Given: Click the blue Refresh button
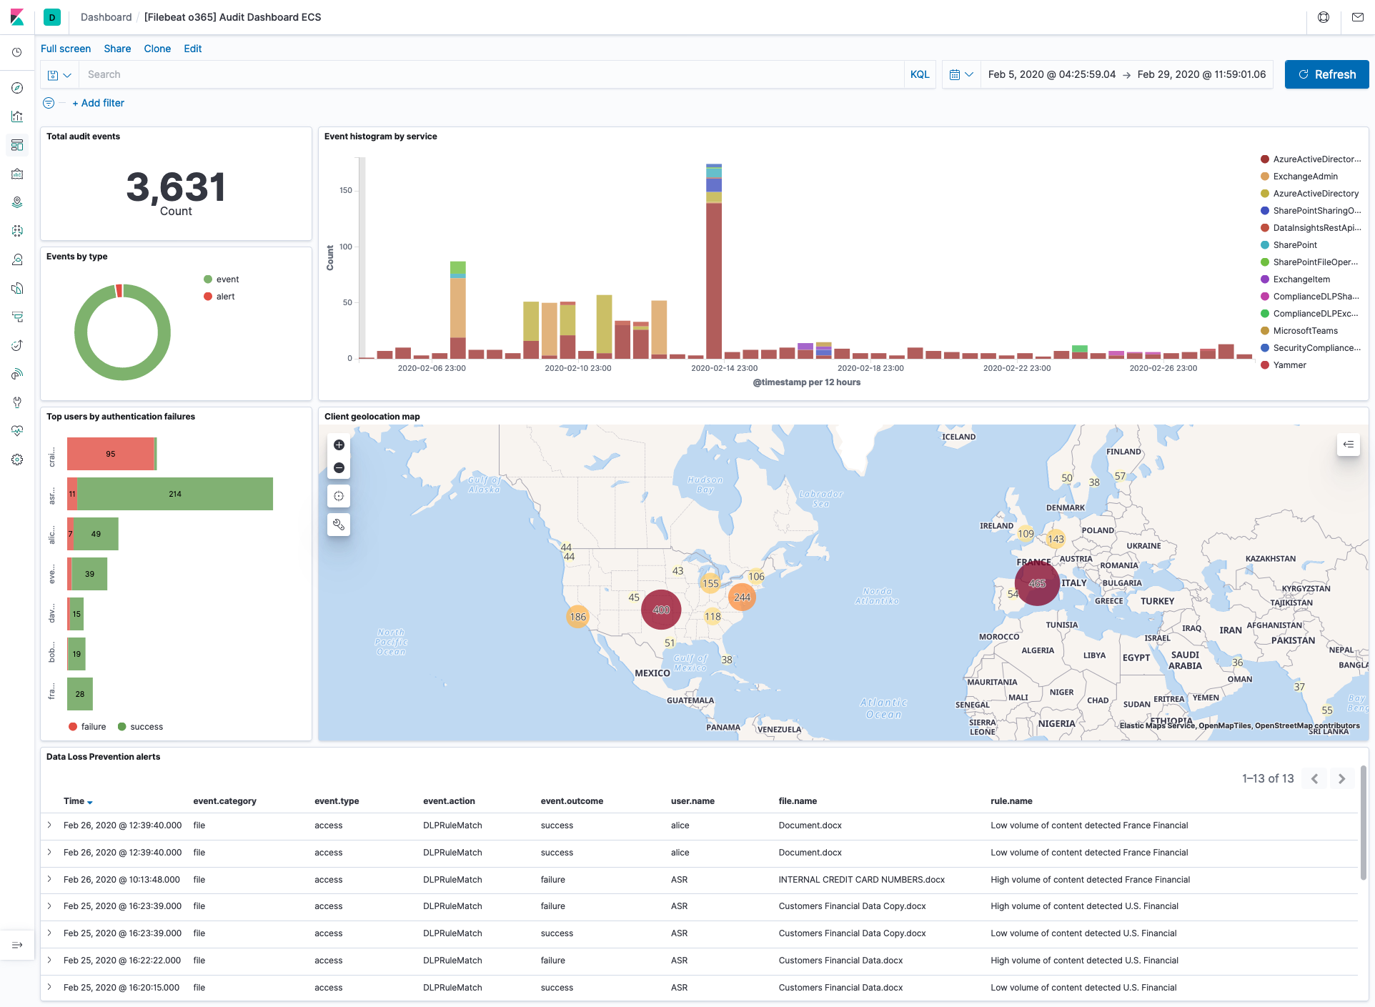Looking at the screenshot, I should pyautogui.click(x=1326, y=74).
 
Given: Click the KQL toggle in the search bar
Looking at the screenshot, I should pyautogui.click(x=920, y=74).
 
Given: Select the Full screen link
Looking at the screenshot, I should pyautogui.click(x=66, y=49).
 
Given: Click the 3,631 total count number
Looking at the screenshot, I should pyautogui.click(x=176, y=187).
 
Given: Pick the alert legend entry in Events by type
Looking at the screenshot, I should pyautogui.click(x=225, y=297).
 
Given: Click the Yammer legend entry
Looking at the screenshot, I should pyautogui.click(x=1289, y=365).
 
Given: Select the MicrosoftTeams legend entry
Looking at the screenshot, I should pyautogui.click(x=1305, y=331).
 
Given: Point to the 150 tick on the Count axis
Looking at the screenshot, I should pyautogui.click(x=346, y=190).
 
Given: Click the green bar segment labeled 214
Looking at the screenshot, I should pyautogui.click(x=175, y=494).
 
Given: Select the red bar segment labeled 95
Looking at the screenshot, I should pyautogui.click(x=110, y=454).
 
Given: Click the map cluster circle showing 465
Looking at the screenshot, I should pyautogui.click(x=1037, y=583).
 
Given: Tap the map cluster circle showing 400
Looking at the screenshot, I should pyautogui.click(x=661, y=610).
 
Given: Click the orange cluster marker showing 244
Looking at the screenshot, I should pyautogui.click(x=743, y=597).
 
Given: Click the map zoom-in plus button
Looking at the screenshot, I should pyautogui.click(x=339, y=445).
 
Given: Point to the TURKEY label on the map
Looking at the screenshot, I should pyautogui.click(x=1157, y=601).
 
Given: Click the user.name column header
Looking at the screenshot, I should pyautogui.click(x=693, y=801).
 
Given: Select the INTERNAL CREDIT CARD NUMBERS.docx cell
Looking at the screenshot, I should pyautogui.click(x=861, y=880).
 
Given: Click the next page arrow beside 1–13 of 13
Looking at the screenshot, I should pyautogui.click(x=1341, y=779).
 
